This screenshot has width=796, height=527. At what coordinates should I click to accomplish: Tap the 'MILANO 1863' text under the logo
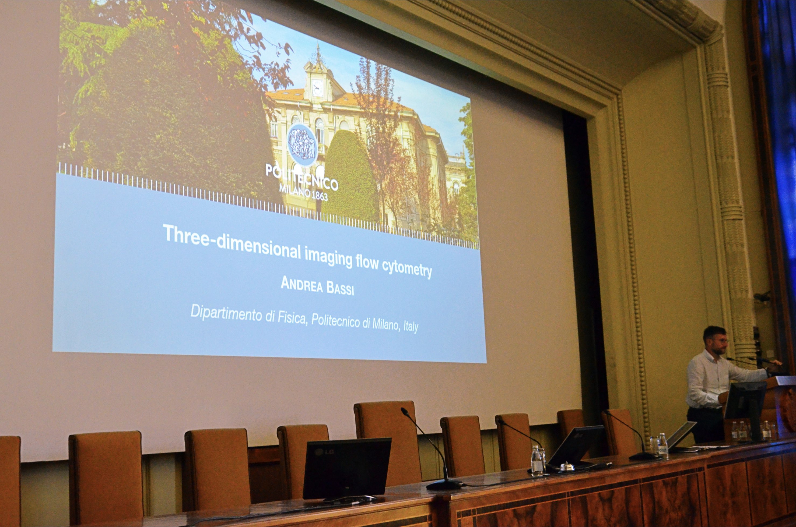click(x=303, y=192)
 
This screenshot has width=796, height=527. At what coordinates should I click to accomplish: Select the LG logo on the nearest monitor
click(x=325, y=452)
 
